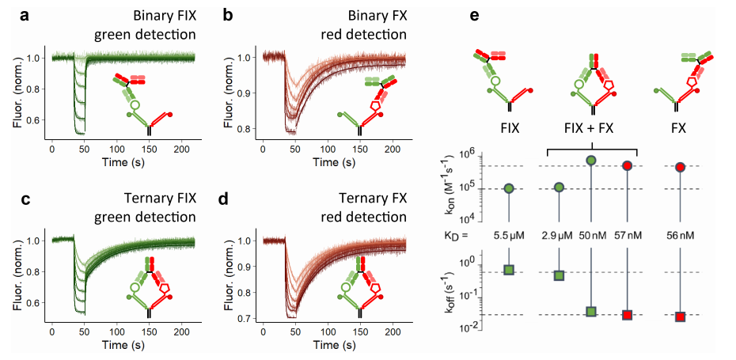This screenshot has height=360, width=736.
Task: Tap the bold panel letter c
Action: (x=13, y=197)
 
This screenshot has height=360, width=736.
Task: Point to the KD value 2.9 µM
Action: (x=560, y=237)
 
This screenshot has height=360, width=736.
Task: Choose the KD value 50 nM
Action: (x=591, y=237)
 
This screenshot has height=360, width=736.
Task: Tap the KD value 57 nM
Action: (x=628, y=237)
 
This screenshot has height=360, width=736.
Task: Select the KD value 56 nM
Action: (x=680, y=237)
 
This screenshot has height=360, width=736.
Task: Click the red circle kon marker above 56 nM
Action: (x=680, y=168)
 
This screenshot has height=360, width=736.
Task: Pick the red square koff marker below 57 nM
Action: (x=628, y=315)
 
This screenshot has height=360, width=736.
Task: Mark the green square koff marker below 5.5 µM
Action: (x=510, y=271)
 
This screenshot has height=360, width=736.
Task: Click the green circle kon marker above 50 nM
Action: (x=591, y=161)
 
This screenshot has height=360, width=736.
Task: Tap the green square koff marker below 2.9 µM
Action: (x=560, y=275)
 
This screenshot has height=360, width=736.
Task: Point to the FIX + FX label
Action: (x=593, y=127)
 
